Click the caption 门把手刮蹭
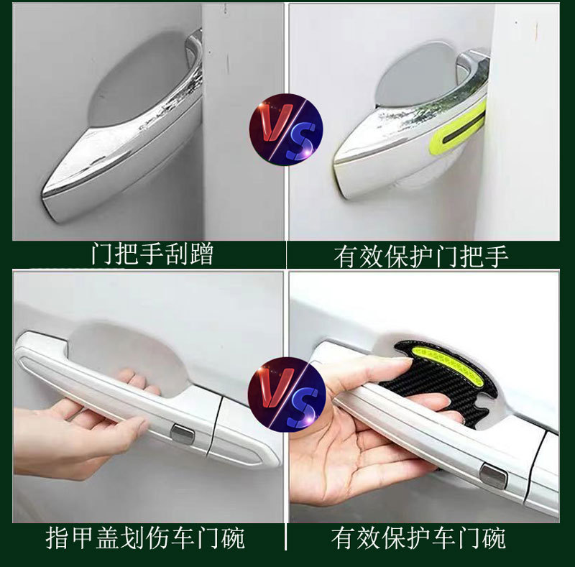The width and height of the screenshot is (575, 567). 152,254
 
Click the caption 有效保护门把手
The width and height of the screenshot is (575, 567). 421,257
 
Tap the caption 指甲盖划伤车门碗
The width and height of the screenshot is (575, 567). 146,538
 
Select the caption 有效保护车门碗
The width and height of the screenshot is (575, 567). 418,538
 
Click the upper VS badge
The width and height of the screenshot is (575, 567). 286,129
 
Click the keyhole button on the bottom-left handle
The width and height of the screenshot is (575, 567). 183,433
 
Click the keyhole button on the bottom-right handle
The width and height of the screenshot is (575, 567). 493,476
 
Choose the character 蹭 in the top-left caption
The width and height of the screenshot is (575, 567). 202,254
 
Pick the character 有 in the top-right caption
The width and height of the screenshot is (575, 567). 346,257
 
